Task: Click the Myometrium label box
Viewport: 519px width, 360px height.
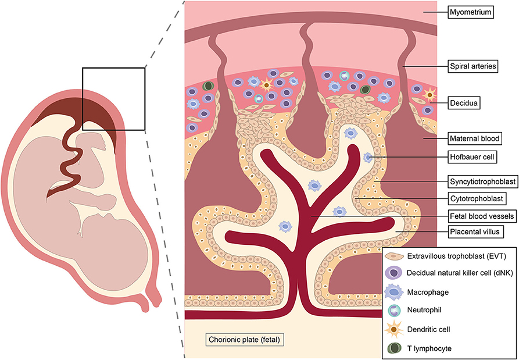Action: (470, 12)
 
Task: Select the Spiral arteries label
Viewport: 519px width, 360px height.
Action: (473, 67)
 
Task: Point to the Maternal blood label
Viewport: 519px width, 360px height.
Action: (475, 139)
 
